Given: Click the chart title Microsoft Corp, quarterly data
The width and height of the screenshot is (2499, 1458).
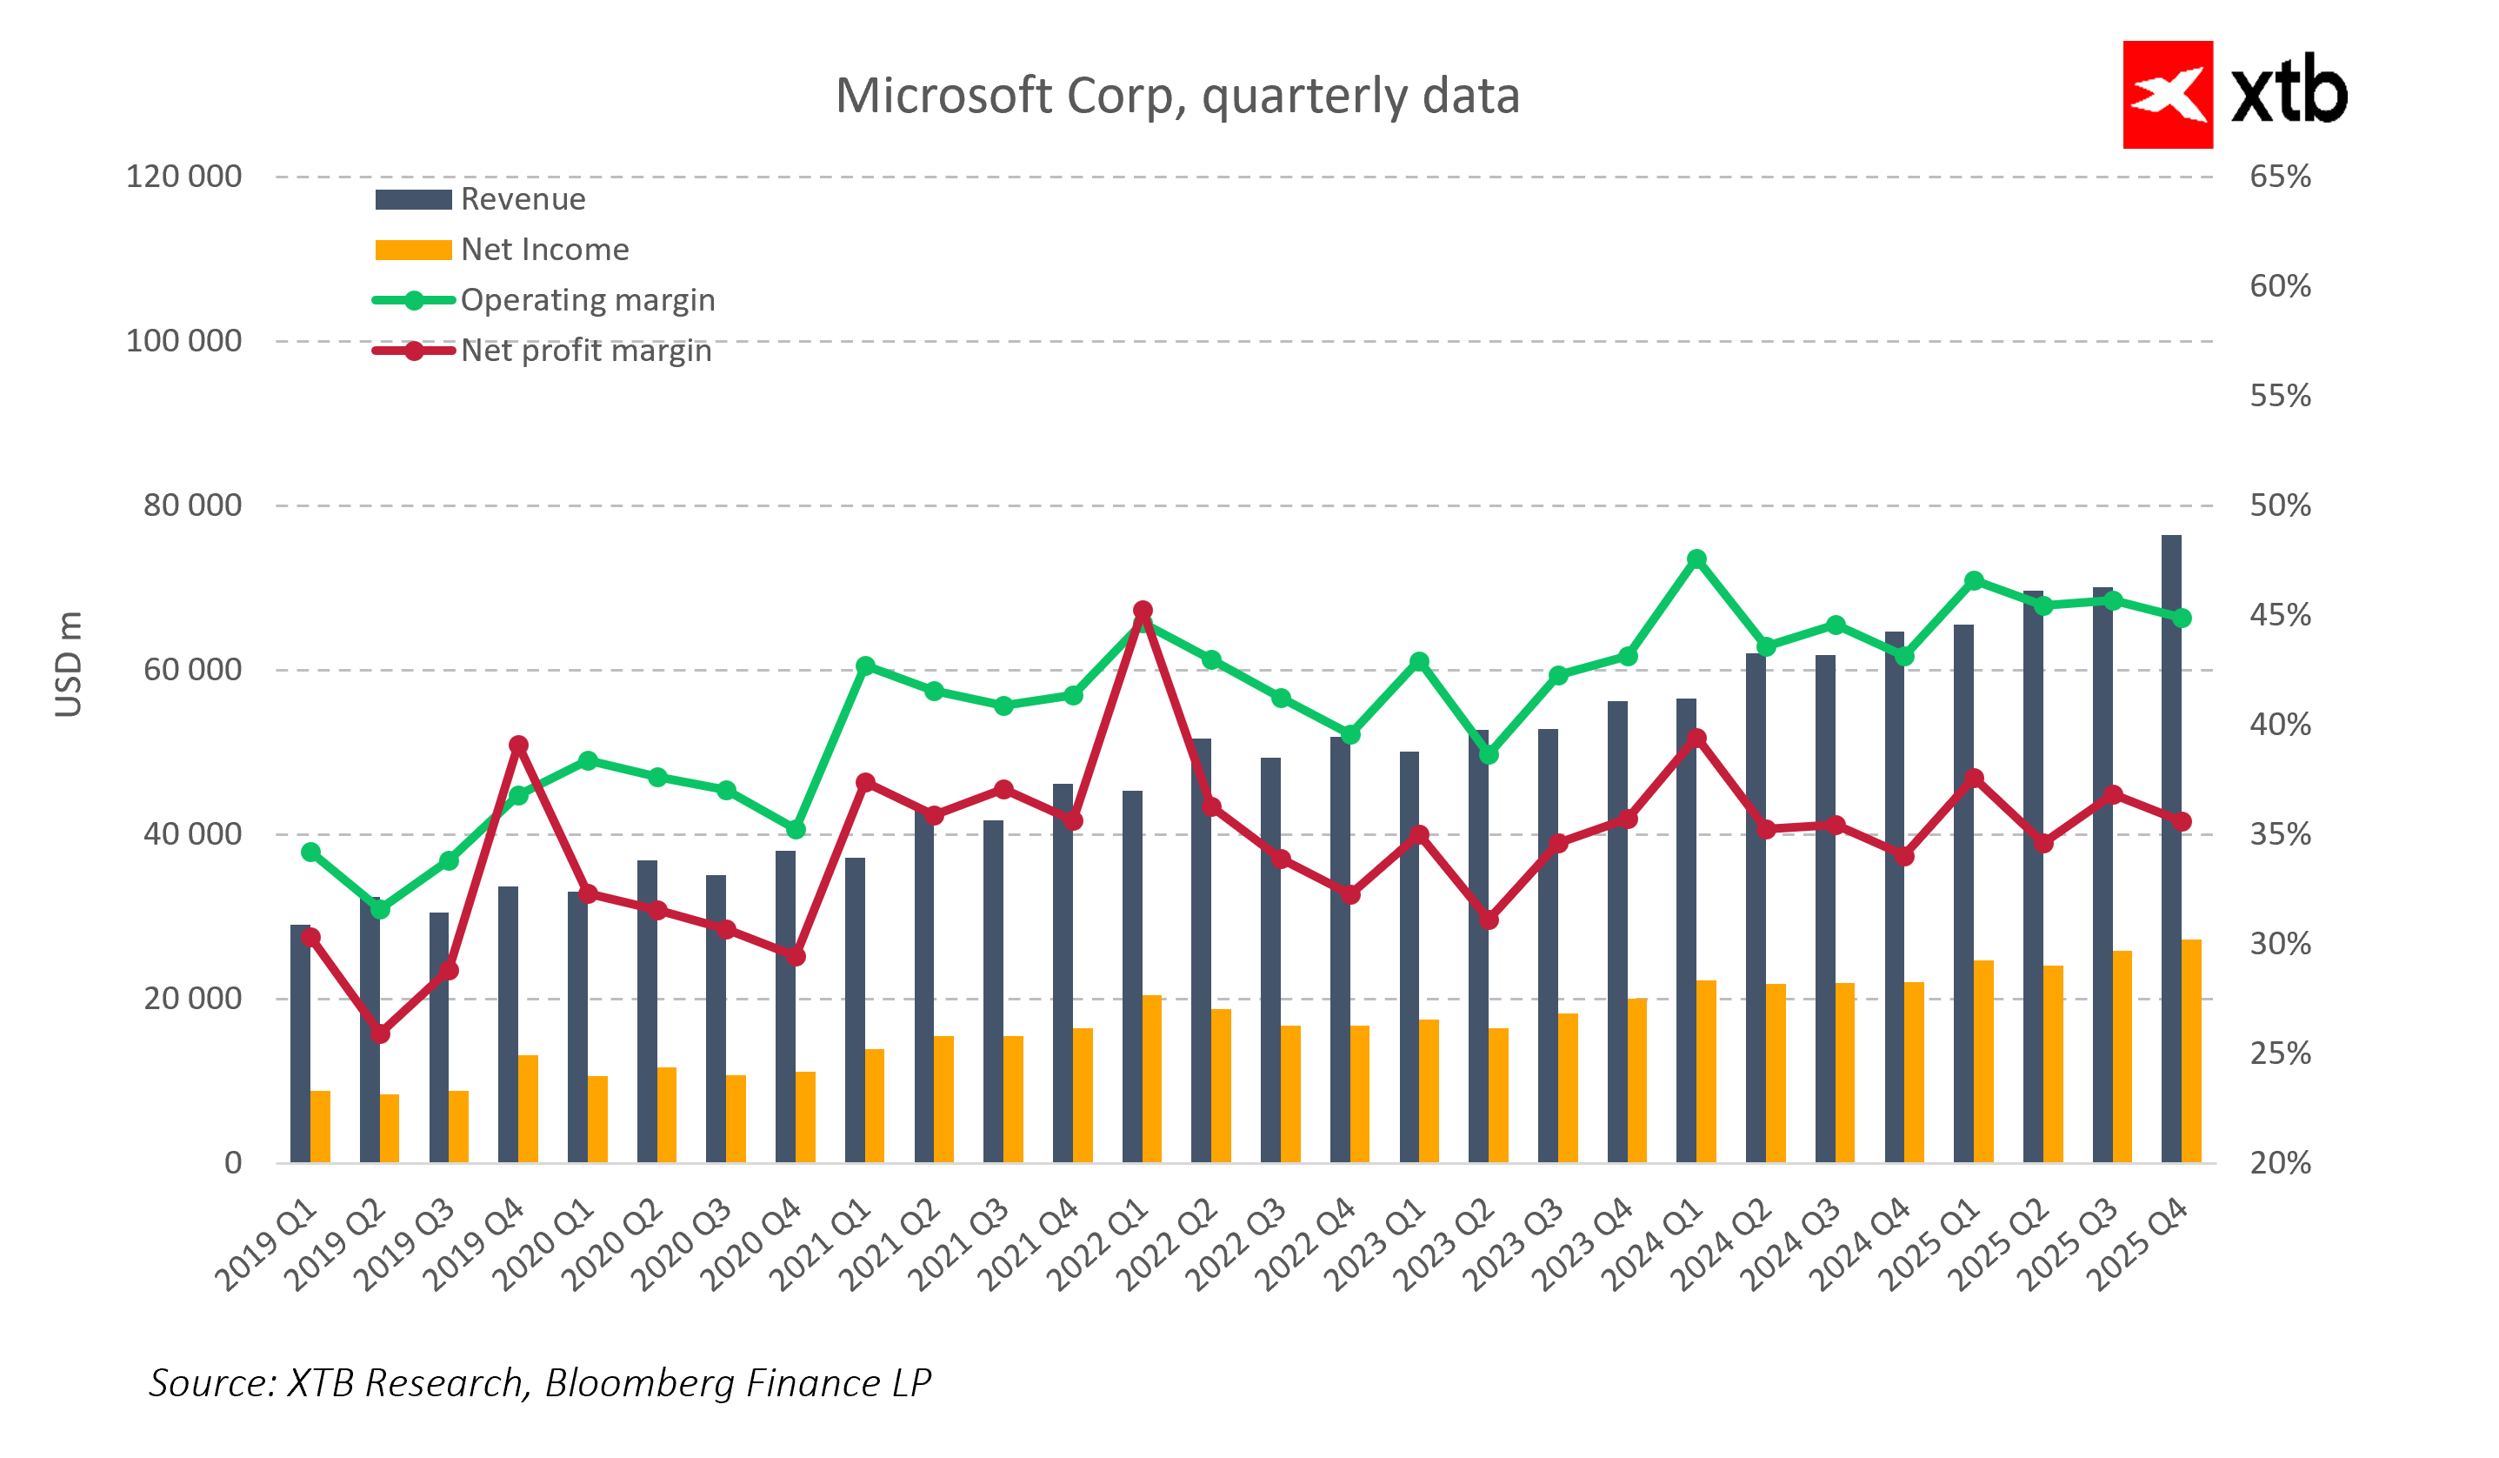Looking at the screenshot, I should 1177,97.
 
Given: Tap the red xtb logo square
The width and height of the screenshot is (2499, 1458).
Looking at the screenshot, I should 2167,94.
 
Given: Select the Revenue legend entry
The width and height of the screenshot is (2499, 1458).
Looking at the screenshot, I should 523,199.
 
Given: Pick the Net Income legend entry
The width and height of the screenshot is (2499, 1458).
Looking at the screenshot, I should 543,250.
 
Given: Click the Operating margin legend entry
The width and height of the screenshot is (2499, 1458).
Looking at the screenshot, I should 586,300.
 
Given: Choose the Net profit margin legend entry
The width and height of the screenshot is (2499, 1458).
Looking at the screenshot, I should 585,351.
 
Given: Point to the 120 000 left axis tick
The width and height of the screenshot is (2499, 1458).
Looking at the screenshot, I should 183,177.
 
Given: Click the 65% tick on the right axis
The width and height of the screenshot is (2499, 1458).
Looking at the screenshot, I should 2279,177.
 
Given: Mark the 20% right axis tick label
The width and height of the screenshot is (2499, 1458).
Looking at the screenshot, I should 2279,1162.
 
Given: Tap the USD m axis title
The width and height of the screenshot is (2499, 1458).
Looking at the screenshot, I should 69,665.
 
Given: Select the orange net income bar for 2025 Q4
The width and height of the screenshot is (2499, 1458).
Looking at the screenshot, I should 2190,1052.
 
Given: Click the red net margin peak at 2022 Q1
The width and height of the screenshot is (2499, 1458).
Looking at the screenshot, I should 1143,611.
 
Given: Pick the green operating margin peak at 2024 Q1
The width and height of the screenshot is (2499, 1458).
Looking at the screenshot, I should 1696,559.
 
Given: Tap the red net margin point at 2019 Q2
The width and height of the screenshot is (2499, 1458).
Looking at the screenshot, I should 380,1034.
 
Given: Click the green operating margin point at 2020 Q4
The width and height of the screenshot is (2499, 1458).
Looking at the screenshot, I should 796,829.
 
